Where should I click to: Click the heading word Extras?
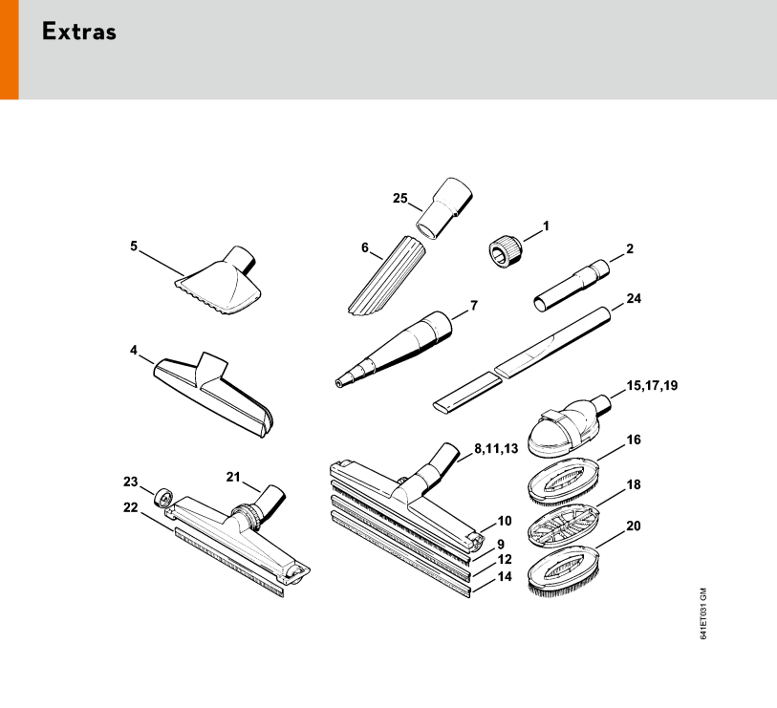point(79,32)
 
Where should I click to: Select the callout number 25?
point(399,198)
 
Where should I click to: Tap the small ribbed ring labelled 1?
point(505,251)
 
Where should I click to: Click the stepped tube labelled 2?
point(572,285)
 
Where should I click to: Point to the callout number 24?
point(634,298)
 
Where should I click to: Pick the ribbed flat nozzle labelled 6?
point(387,276)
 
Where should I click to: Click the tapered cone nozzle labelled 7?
point(394,349)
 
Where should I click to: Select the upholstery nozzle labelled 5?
point(218,282)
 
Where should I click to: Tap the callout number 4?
point(133,351)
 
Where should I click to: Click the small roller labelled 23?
point(163,498)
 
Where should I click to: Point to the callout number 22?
point(130,508)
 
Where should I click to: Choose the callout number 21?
point(233,477)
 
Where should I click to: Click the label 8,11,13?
point(496,448)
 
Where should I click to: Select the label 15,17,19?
point(652,385)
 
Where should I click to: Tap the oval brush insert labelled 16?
point(564,482)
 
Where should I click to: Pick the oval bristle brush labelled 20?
point(564,569)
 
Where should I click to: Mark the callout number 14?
point(505,577)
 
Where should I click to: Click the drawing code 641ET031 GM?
point(703,613)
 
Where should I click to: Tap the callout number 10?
point(505,522)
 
